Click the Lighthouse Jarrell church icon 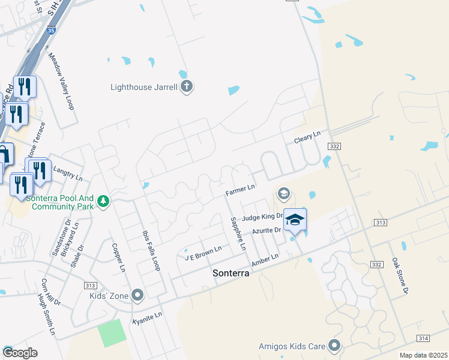point(186,87)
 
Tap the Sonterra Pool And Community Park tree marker point(104,201)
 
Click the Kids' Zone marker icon point(137,295)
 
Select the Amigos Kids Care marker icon point(334,346)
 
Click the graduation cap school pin point(295,220)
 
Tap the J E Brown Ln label point(203,253)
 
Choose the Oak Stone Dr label point(400,275)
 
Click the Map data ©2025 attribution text point(423,355)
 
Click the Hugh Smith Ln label point(46,314)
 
